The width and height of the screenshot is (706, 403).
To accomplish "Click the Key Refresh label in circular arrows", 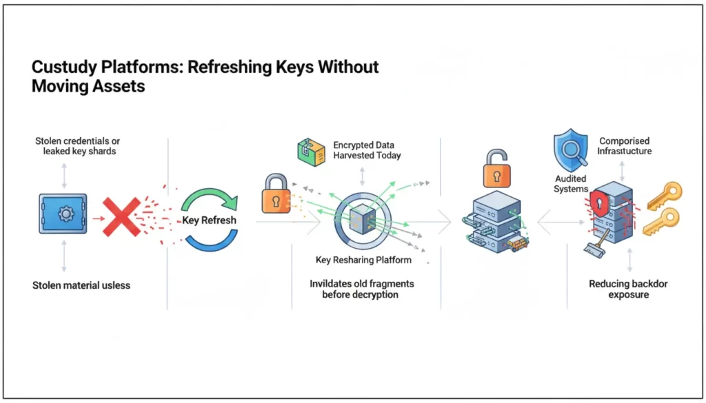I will (209, 220).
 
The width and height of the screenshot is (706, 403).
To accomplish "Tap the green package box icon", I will (311, 152).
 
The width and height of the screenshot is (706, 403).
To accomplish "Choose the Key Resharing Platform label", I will (363, 260).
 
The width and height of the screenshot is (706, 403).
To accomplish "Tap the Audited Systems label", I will (571, 184).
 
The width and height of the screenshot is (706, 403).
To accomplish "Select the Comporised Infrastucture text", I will (625, 146).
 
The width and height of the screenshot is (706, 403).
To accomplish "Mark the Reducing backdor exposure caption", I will (628, 289).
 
